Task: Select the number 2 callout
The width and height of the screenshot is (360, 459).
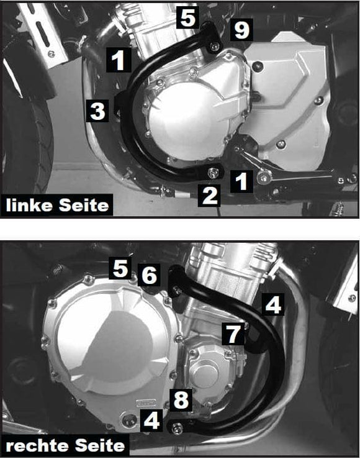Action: pyautogui.click(x=210, y=196)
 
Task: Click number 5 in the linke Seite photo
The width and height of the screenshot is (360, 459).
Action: pyautogui.click(x=188, y=17)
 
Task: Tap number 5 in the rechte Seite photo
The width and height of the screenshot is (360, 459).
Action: pyautogui.click(x=121, y=270)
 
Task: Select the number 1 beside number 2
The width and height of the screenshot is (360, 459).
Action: pyautogui.click(x=241, y=181)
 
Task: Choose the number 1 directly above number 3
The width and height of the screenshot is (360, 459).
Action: pyautogui.click(x=119, y=60)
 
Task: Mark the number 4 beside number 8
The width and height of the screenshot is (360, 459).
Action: pyautogui.click(x=151, y=421)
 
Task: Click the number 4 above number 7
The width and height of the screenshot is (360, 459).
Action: pyautogui.click(x=273, y=304)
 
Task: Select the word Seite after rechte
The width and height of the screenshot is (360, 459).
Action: pyautogui.click(x=100, y=446)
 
